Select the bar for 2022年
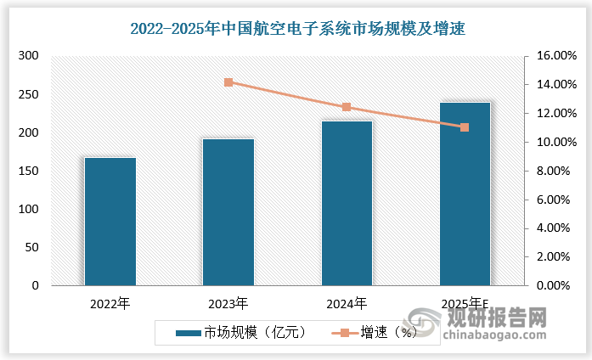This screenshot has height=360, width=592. coord(110,222)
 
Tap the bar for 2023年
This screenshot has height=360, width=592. coord(228,212)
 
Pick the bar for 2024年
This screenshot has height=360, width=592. coord(347,203)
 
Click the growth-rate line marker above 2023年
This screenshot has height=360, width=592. coord(228,82)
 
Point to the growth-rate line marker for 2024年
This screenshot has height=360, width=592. coord(347,107)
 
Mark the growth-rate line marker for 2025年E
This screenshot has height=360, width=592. coord(465,127)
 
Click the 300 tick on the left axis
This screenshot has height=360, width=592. coord(29,56)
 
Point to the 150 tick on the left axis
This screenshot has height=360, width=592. coord(29,172)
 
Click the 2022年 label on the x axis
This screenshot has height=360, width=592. coord(110,303)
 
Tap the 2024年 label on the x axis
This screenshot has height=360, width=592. coord(347,303)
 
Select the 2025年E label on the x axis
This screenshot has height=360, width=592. coord(465,303)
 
